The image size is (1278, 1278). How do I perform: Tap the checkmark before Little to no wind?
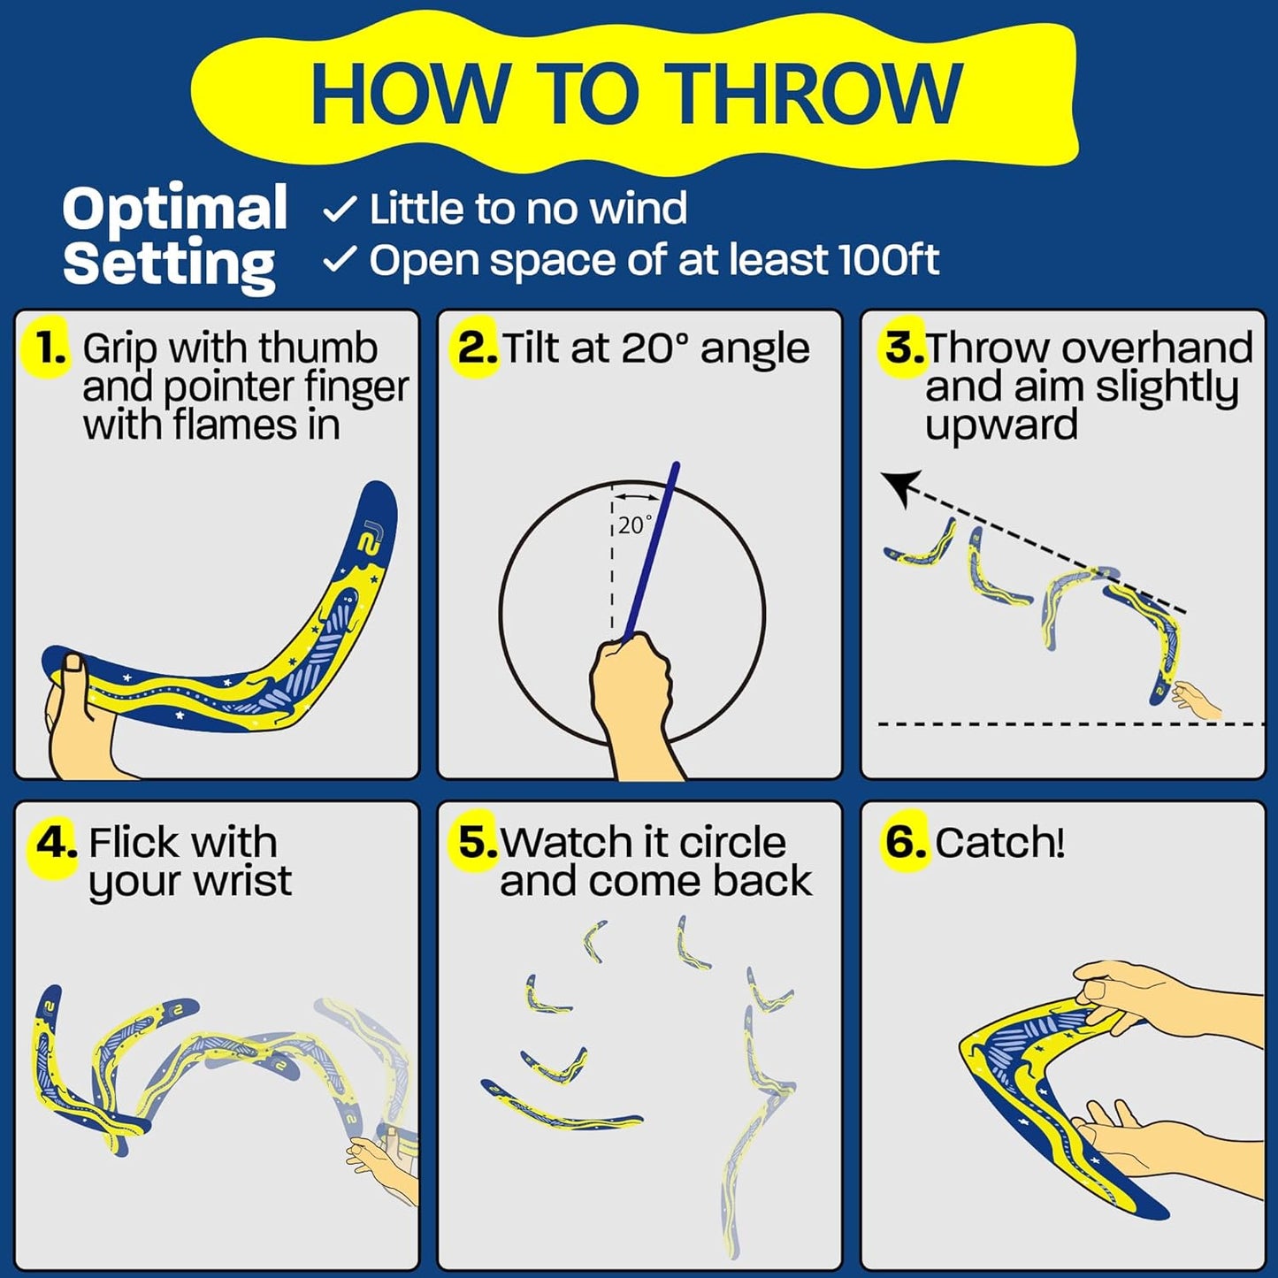(340, 210)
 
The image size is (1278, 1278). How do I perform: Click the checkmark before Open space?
(340, 260)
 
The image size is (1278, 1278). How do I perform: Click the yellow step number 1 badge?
(50, 348)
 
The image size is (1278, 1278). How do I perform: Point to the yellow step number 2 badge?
(476, 348)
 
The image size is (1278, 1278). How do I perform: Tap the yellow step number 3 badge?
(904, 348)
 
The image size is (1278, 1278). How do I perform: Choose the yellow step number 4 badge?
(55, 843)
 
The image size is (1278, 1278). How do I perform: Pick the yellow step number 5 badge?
(478, 842)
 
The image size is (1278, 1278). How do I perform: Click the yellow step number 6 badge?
(906, 842)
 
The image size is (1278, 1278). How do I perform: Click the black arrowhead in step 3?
(901, 486)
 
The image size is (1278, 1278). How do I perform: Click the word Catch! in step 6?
(999, 843)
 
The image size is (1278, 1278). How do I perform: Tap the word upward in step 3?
(1001, 425)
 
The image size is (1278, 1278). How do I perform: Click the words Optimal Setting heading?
(174, 236)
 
